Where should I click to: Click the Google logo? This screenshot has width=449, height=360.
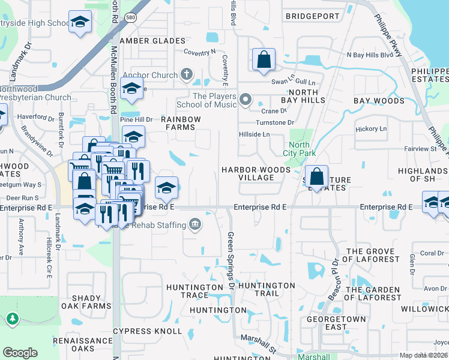[x=20, y=353]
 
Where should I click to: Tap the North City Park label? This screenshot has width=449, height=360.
[x=299, y=149]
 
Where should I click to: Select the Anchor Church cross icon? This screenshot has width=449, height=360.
[x=187, y=75]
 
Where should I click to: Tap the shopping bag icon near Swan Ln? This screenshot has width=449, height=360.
[x=264, y=60]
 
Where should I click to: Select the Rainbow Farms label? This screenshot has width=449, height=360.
[x=181, y=123]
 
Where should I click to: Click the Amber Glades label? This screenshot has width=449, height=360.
[x=152, y=41]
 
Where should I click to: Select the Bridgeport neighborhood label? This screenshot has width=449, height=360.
[x=312, y=16]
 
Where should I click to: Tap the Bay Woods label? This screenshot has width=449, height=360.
[x=379, y=101]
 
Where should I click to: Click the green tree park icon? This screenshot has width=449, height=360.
[x=13, y=319]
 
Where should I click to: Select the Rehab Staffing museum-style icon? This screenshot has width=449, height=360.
[x=194, y=225]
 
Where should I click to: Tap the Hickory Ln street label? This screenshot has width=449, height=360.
[x=371, y=129]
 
